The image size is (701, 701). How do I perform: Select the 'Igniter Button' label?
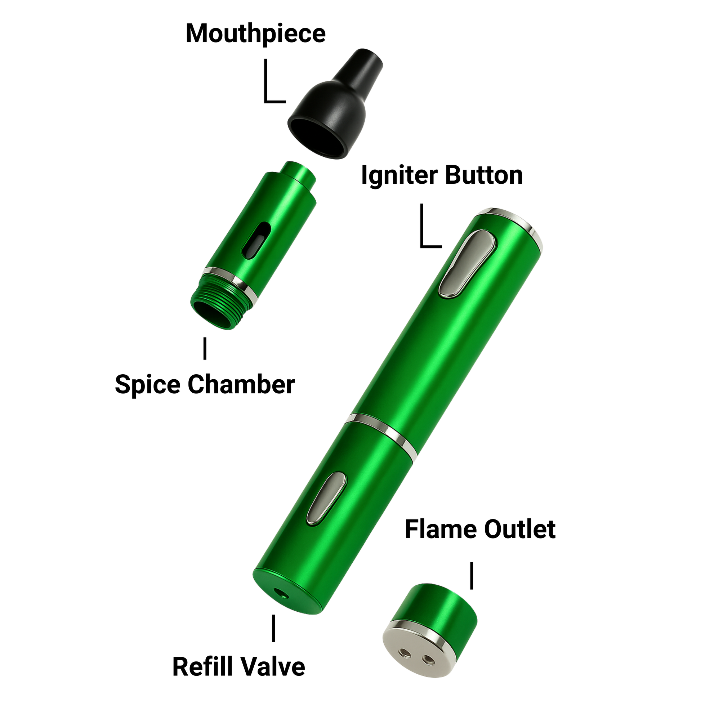[x=442, y=176]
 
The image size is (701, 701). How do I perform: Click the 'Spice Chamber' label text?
[x=205, y=385]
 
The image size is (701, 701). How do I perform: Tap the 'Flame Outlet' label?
[x=480, y=530]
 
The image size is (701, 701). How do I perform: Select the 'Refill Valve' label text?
[x=239, y=667]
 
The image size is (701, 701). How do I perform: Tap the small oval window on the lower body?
[x=327, y=498]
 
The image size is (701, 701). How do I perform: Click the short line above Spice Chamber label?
[x=205, y=348]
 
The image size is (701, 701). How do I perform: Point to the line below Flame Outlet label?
[x=472, y=576]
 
